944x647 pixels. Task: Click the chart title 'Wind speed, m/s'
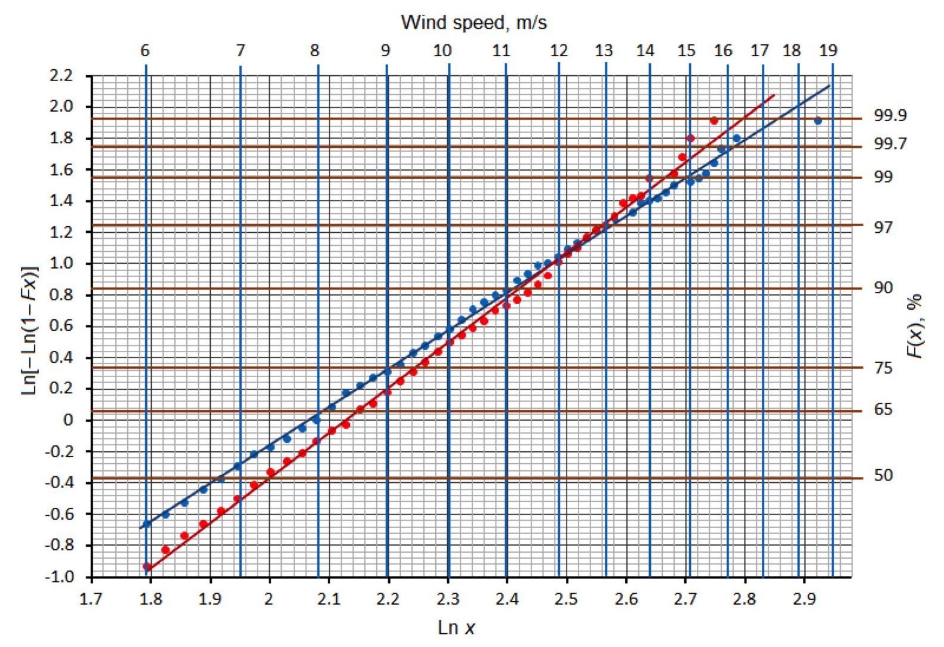click(x=473, y=23)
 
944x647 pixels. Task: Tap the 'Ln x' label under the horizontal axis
click(x=457, y=627)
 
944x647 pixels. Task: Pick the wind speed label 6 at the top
click(x=145, y=51)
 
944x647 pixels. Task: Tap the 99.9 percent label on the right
click(x=890, y=116)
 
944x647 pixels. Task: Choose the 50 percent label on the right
click(x=883, y=476)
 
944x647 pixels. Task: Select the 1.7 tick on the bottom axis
click(x=92, y=599)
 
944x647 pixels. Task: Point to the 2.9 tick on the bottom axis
click(x=804, y=599)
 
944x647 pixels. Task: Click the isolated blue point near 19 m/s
click(x=817, y=121)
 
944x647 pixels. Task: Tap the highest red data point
click(x=714, y=121)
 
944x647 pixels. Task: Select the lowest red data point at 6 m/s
click(x=147, y=566)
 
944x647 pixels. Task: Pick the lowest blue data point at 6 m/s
click(x=147, y=524)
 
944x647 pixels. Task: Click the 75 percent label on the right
click(x=883, y=368)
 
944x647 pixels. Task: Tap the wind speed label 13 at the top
click(x=604, y=51)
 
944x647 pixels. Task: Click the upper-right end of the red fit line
click(x=774, y=95)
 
